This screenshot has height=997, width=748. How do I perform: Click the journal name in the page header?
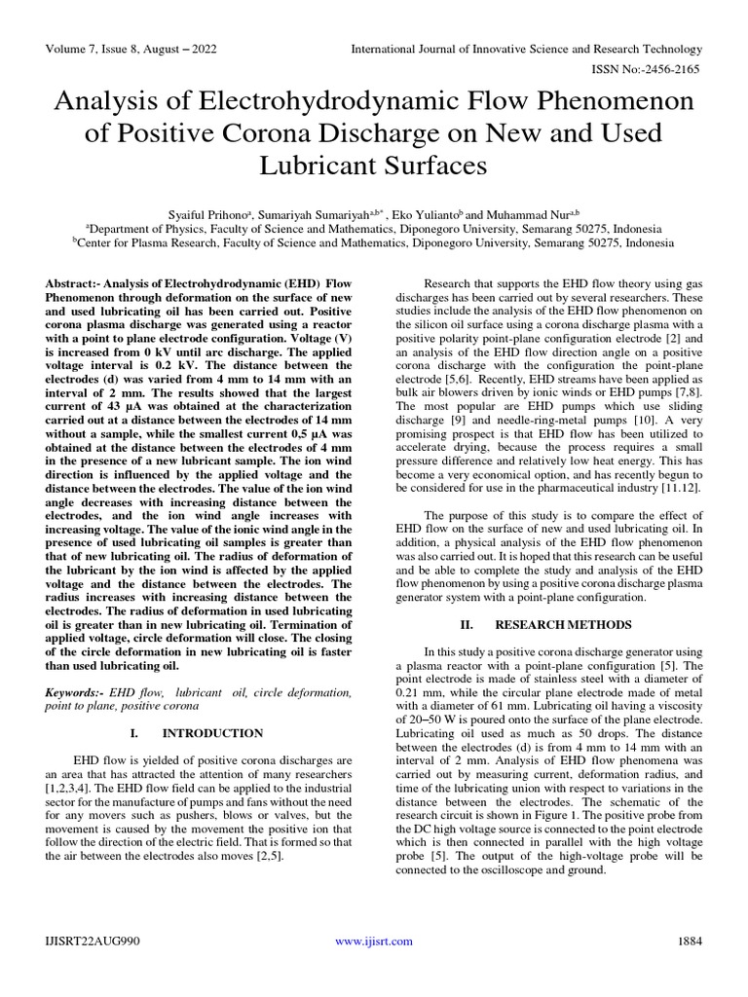(526, 49)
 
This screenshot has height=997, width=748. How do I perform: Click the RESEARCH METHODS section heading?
(550, 623)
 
